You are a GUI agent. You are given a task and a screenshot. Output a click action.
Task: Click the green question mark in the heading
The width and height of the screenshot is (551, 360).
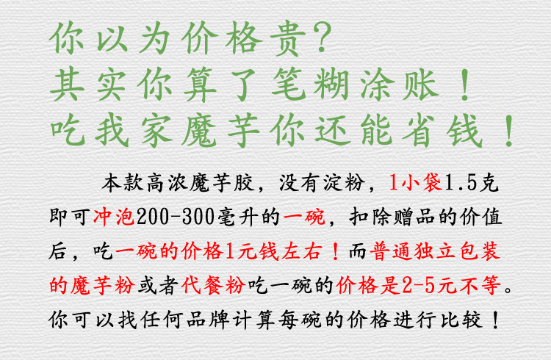tap(323, 37)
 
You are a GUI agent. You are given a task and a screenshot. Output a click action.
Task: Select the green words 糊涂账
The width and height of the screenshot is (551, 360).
tap(376, 84)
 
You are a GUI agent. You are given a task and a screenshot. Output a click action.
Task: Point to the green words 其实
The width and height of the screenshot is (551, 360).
tap(88, 84)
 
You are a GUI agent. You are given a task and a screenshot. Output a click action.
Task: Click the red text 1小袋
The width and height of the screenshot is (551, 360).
tap(415, 183)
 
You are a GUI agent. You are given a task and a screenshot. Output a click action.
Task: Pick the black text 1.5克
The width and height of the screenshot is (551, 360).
tap(472, 183)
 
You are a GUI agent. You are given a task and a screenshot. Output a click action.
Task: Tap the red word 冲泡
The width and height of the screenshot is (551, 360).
tap(114, 217)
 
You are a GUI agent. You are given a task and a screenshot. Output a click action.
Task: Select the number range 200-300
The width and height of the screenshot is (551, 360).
tap(176, 217)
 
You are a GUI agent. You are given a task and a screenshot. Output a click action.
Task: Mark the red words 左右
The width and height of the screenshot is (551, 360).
tap(301, 251)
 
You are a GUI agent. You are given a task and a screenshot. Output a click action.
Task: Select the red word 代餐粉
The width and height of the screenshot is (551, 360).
tap(213, 285)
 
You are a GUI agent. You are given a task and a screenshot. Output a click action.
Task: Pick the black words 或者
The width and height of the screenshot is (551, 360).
tap(158, 285)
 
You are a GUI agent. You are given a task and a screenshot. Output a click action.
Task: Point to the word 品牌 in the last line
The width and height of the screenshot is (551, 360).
tap(207, 320)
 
